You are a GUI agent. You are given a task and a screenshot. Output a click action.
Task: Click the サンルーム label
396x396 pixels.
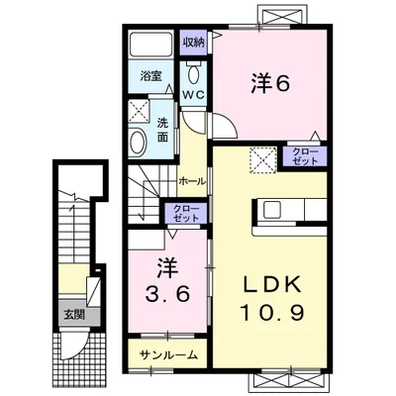point(168,354)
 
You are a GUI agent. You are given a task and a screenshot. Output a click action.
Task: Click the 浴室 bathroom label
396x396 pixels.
point(149,74)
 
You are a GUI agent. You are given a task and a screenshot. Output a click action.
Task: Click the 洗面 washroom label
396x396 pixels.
point(164,128)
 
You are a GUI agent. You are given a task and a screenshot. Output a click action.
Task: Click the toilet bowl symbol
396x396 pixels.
point(194,71)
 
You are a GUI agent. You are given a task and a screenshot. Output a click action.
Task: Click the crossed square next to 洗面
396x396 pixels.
point(140,111)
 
